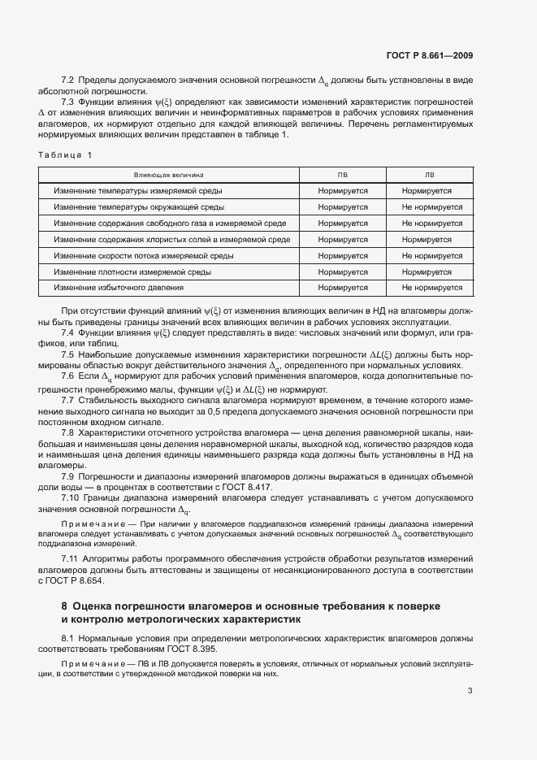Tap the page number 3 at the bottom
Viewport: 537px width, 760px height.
(x=470, y=691)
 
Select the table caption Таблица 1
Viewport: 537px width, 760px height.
(x=66, y=154)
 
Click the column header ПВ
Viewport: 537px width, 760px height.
(x=343, y=175)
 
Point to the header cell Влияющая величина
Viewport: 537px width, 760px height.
(x=169, y=175)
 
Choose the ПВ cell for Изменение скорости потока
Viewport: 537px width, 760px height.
(x=343, y=255)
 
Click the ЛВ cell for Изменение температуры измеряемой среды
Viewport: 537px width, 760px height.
(x=427, y=191)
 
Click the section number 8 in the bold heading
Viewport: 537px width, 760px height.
(x=64, y=606)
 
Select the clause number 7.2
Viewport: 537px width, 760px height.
(x=68, y=80)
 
